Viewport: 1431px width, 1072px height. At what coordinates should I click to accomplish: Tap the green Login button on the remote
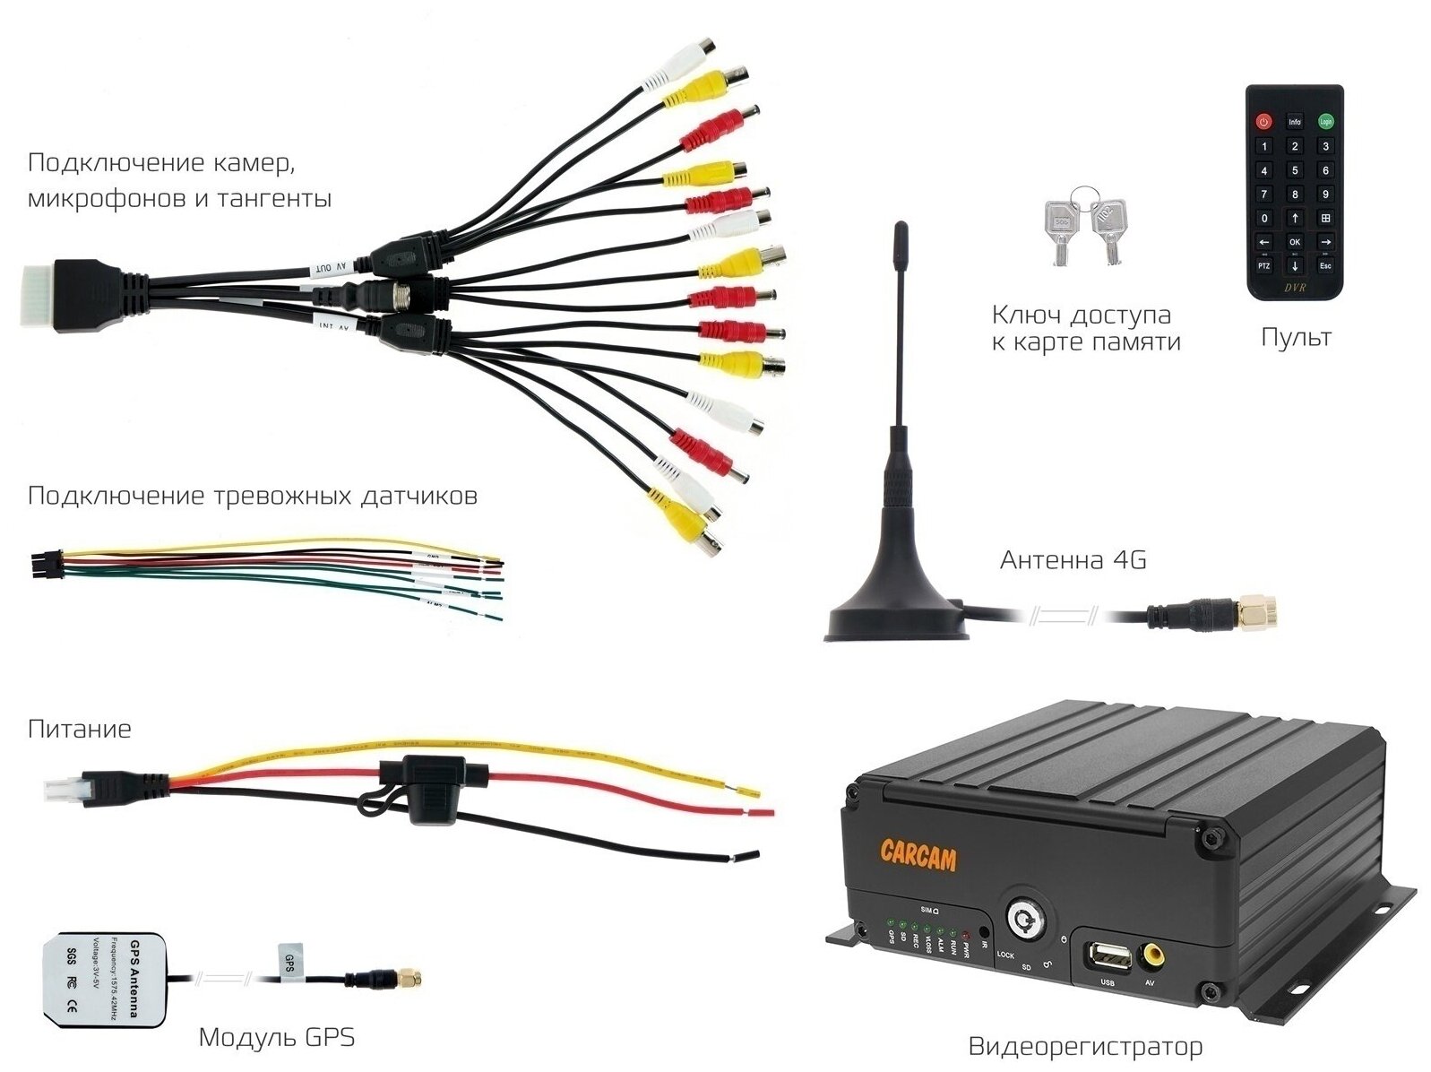tap(1325, 121)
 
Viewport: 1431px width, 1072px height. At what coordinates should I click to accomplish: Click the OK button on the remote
tap(1295, 242)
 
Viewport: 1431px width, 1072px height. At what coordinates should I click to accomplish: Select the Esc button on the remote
tap(1325, 266)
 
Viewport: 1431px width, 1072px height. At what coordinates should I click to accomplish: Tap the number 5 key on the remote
tap(1295, 170)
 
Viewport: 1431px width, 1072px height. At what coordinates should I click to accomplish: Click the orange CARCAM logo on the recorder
tap(918, 853)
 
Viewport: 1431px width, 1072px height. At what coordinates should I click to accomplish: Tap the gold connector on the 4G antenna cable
tap(1257, 614)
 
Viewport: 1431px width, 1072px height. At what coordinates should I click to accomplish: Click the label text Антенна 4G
tap(1073, 561)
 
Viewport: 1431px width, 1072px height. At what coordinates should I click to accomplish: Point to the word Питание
tap(79, 729)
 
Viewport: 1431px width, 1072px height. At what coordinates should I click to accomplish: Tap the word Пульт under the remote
tap(1295, 338)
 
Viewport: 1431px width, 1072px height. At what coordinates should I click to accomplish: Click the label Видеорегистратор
tap(1085, 1046)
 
